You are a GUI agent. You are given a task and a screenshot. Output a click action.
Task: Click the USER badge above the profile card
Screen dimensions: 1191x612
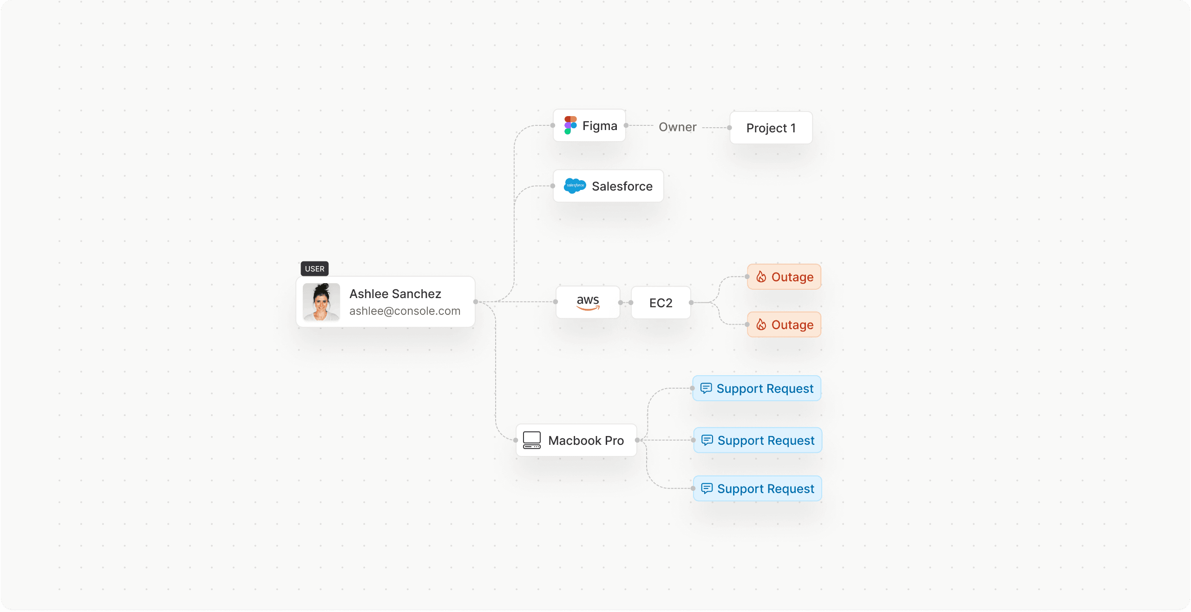[x=314, y=268]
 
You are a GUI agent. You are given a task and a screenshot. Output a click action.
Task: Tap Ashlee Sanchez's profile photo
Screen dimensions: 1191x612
[x=321, y=302]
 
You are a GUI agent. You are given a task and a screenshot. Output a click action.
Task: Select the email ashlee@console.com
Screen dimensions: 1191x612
[x=405, y=311]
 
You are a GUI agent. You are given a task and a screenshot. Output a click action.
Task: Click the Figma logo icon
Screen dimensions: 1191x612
[x=570, y=125]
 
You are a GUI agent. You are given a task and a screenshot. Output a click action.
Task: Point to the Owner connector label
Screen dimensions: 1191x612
[x=677, y=127]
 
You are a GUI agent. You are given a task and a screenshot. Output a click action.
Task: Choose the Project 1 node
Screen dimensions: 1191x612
[x=771, y=128]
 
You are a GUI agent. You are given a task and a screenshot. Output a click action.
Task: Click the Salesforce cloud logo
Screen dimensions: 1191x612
[x=575, y=186]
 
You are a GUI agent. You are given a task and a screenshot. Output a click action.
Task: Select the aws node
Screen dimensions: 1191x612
[x=588, y=302]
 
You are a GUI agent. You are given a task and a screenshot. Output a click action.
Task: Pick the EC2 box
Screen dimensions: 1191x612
[x=661, y=303]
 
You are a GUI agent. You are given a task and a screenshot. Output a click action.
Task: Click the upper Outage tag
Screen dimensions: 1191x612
[x=784, y=277]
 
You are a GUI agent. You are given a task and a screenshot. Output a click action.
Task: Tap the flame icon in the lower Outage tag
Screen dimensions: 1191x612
[x=761, y=325]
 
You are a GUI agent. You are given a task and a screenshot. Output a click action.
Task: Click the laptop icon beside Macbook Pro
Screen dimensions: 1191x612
[x=532, y=440]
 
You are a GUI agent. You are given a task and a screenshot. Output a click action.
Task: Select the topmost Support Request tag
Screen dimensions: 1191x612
[x=757, y=388]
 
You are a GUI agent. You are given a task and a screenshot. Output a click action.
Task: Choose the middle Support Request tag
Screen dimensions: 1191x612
[x=758, y=440]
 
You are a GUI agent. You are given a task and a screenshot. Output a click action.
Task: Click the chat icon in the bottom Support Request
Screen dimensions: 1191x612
[x=707, y=488]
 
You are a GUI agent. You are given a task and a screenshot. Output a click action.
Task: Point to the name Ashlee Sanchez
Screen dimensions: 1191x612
[x=395, y=293]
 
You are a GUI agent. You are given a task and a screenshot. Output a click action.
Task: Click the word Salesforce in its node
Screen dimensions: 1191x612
[x=622, y=186]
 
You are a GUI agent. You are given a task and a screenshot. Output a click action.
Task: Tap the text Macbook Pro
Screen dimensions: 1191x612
[x=586, y=440]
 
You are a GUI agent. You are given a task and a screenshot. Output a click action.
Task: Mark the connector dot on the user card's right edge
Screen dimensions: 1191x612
[x=476, y=302]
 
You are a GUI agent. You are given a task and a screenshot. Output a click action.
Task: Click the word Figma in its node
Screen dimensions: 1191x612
[x=600, y=126]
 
